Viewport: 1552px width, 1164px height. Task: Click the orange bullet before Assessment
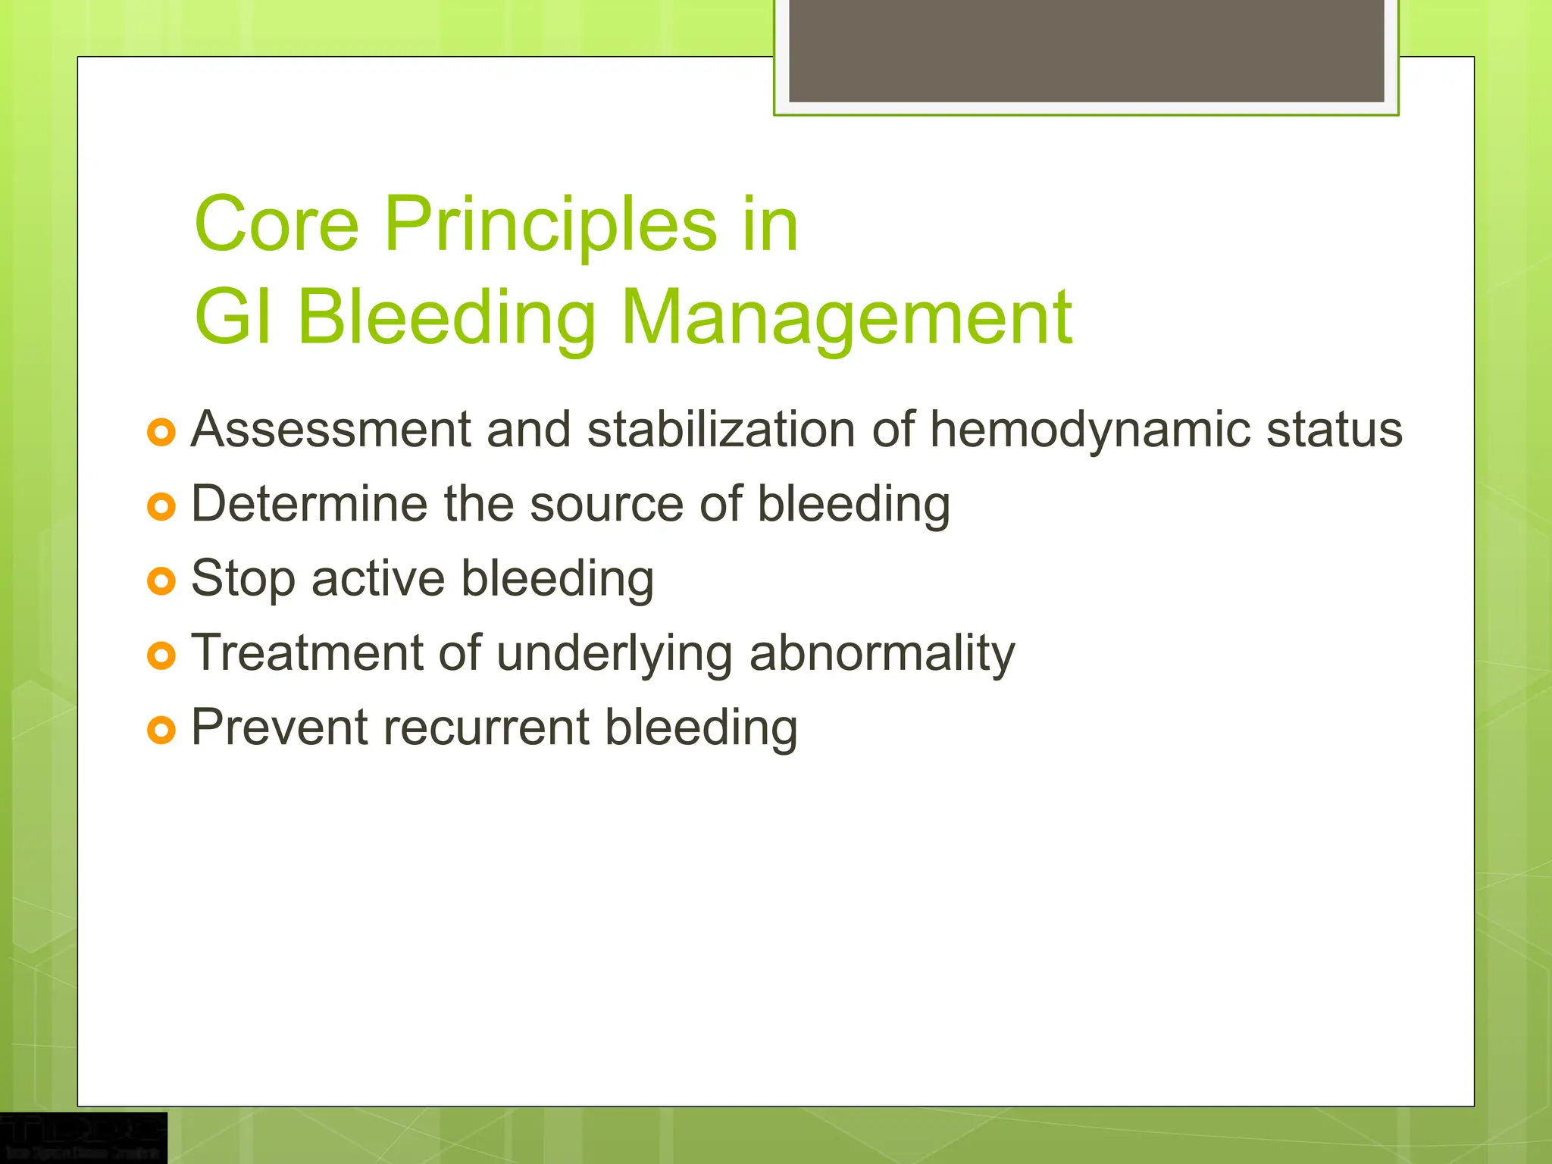[x=161, y=433]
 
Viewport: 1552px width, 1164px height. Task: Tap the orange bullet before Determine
[x=161, y=506]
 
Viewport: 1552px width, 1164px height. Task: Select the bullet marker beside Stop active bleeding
[x=161, y=581]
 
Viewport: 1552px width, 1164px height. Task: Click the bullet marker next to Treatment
[x=161, y=656]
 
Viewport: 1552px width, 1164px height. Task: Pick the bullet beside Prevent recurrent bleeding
[x=161, y=730]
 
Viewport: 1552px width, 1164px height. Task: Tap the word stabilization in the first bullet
[x=721, y=430]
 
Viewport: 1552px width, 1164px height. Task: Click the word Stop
[x=242, y=579]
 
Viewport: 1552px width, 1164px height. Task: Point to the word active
[x=377, y=579]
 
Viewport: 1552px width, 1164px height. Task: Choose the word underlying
[x=614, y=653]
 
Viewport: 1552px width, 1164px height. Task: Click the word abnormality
[x=881, y=653]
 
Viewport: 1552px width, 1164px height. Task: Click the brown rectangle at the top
[x=1086, y=50]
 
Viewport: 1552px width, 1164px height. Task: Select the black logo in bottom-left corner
[x=83, y=1137]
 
